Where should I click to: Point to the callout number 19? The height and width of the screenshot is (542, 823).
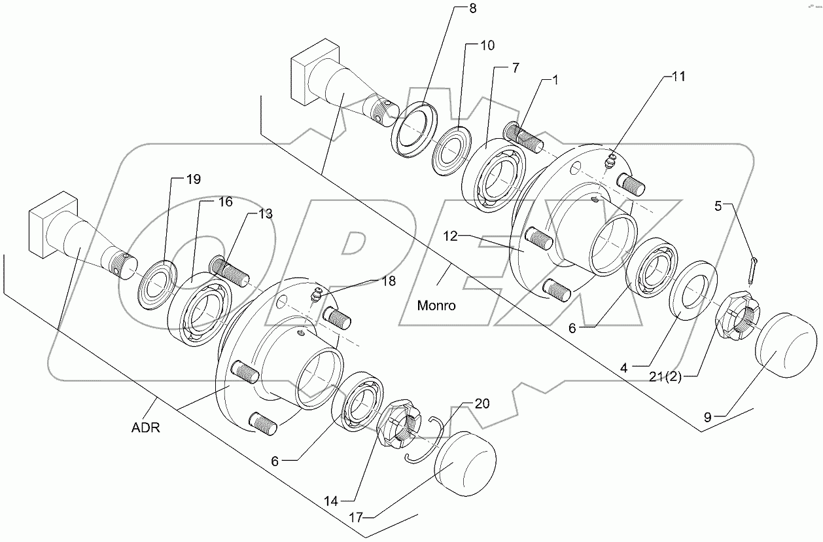pyautogui.click(x=175, y=179)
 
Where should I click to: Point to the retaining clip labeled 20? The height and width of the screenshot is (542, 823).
pyautogui.click(x=425, y=439)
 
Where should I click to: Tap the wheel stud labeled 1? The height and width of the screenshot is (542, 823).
pyautogui.click(x=523, y=138)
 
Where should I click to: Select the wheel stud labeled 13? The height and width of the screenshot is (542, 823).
pyautogui.click(x=228, y=270)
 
